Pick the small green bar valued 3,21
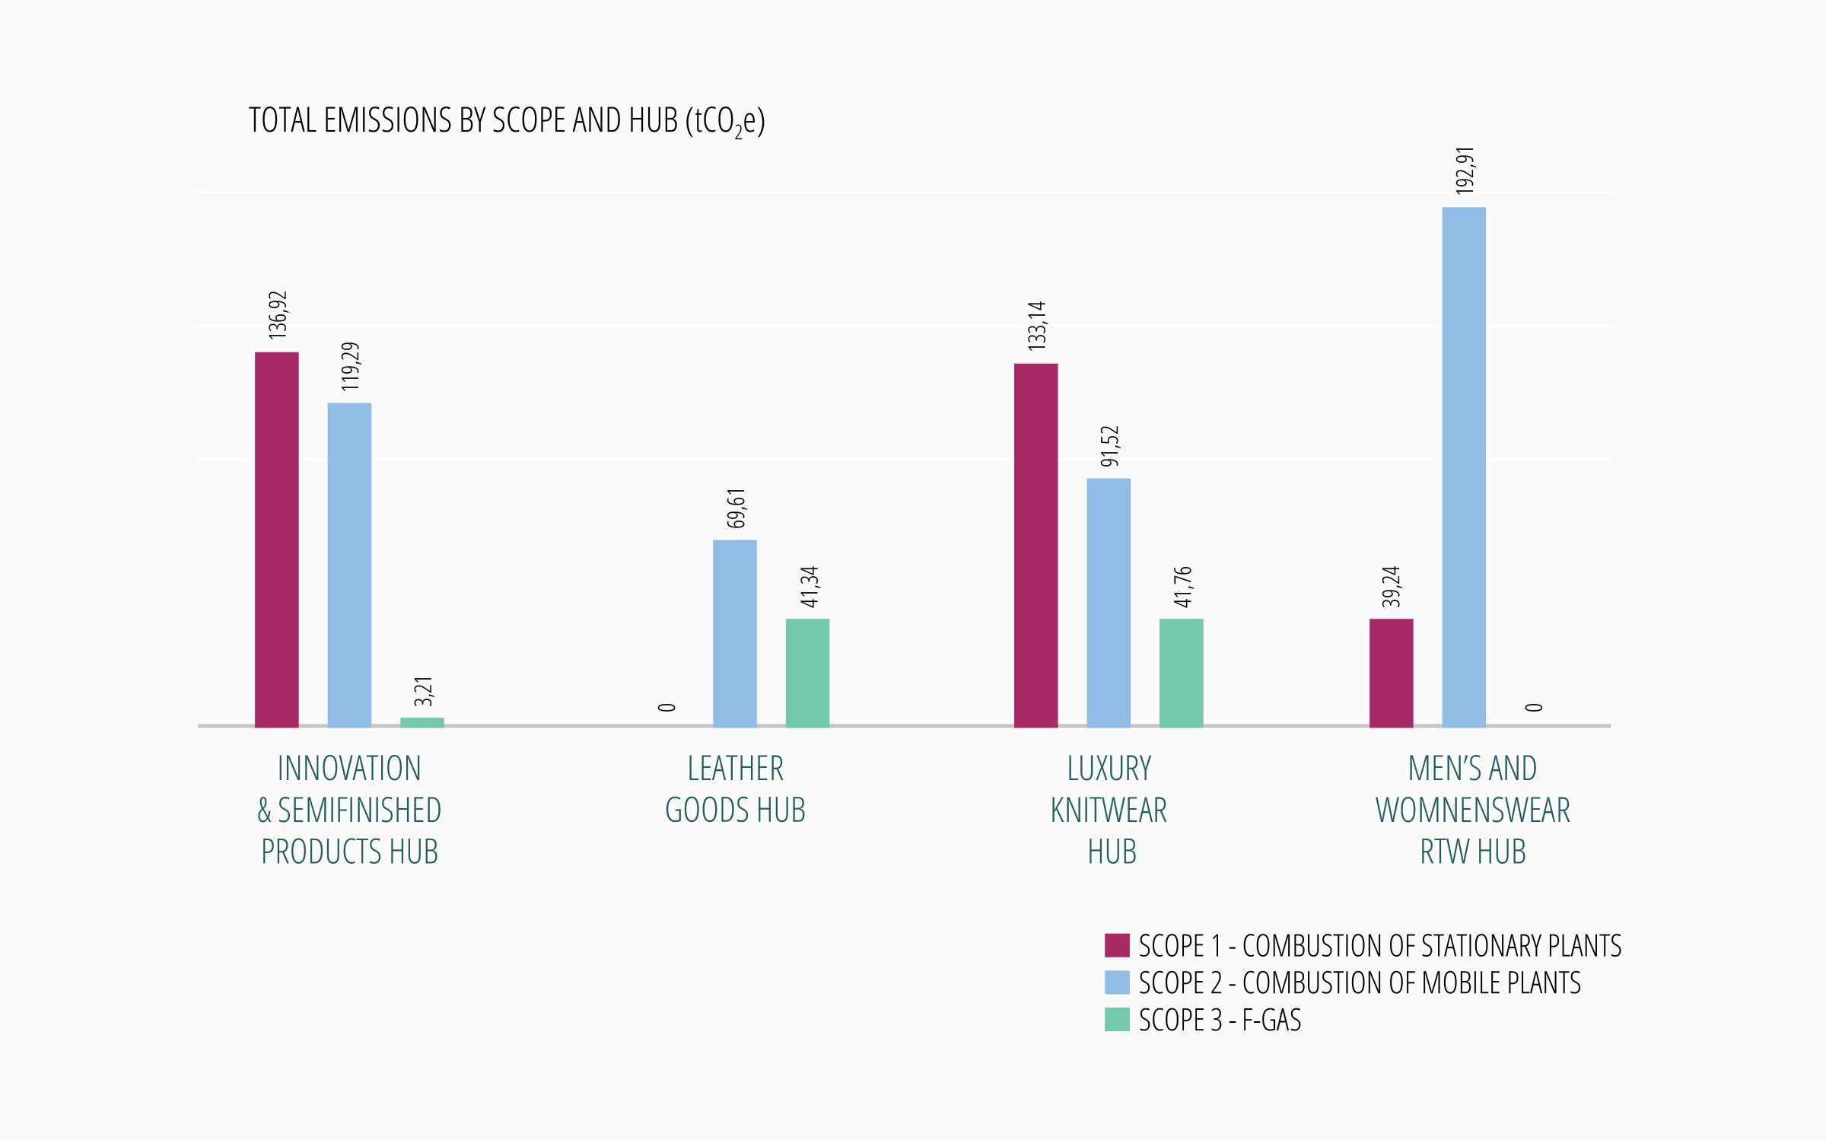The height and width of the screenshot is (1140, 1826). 422,721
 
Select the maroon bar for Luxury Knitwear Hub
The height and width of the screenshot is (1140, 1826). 1035,545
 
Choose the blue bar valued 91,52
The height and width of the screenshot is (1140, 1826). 1109,602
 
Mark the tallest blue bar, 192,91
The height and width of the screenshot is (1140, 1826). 1464,467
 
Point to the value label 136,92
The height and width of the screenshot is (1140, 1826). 278,314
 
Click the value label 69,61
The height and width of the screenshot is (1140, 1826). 736,508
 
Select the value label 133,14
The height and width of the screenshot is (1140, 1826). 1037,326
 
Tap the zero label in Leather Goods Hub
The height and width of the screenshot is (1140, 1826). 667,707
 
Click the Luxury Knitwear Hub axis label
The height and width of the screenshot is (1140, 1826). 1109,810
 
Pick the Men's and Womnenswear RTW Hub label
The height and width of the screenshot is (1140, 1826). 1472,810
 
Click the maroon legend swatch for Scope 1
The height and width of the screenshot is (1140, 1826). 1117,945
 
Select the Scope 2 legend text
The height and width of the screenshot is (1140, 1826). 1360,982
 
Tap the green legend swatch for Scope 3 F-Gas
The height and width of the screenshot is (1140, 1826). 1117,1020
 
